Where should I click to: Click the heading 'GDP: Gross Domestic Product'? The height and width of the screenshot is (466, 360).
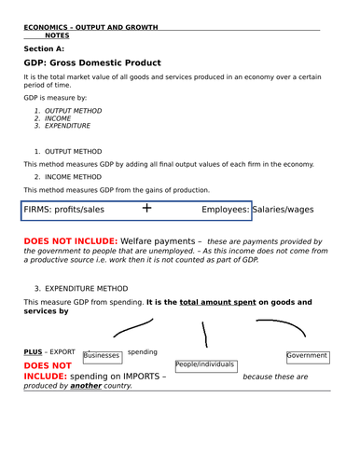92,62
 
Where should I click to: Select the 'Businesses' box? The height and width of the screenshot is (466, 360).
102,355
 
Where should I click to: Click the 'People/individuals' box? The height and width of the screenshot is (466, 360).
204,365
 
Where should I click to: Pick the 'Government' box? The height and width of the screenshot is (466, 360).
307,355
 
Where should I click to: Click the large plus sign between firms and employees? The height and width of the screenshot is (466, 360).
145,209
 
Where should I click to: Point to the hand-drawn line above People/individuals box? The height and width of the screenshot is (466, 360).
207,335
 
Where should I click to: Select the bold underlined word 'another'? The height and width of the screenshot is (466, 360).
86,385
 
